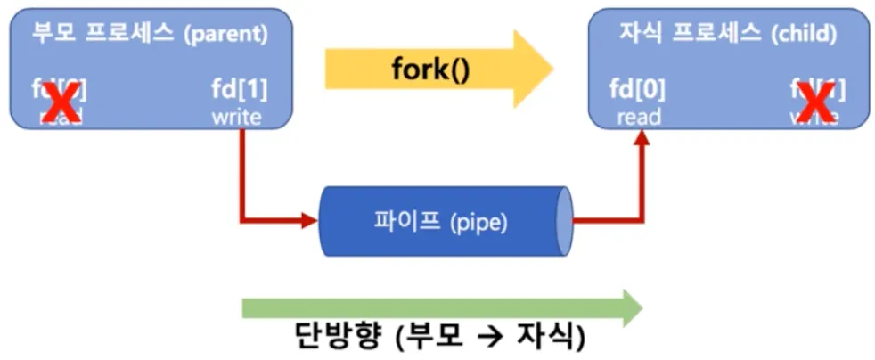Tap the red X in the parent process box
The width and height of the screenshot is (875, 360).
coord(59,103)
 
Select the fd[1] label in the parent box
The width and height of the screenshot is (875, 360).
coord(239,90)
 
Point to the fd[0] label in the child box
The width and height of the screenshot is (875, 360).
coord(636,90)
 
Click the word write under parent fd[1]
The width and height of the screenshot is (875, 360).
coord(237,117)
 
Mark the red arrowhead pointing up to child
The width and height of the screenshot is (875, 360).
coord(642,146)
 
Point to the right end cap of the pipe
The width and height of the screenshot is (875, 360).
coord(563,221)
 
